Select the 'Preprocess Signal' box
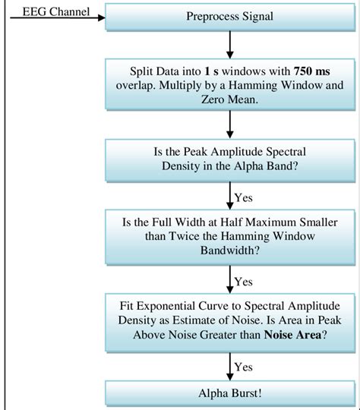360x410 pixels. [229, 17]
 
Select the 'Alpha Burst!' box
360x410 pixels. [229, 394]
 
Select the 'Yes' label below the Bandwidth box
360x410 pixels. [243, 281]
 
